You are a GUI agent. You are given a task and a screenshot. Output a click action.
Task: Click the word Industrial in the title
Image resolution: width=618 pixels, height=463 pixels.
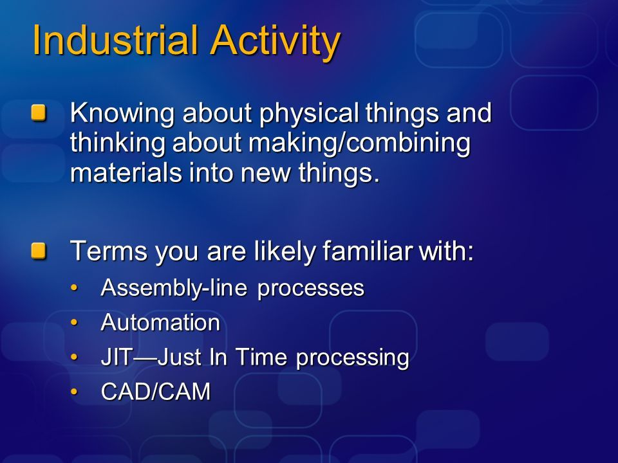(115, 40)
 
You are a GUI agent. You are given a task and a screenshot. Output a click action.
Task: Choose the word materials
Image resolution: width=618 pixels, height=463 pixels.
(126, 172)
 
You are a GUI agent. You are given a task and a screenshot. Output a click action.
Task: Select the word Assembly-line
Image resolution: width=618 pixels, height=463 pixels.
(174, 289)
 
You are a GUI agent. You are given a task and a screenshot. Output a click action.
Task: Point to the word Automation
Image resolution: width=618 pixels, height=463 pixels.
(160, 323)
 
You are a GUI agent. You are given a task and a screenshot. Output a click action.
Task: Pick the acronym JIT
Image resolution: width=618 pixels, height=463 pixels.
(115, 358)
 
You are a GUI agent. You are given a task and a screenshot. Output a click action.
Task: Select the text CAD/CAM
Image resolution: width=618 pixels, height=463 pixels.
(156, 392)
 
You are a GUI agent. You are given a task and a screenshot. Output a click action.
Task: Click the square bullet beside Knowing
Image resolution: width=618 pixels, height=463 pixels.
(39, 113)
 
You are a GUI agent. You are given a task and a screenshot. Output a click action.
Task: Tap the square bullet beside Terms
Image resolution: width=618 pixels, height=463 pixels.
(39, 251)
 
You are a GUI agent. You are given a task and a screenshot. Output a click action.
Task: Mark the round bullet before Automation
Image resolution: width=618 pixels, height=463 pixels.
(74, 322)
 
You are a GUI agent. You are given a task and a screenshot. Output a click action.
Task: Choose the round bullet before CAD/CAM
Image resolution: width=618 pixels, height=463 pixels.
(74, 392)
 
